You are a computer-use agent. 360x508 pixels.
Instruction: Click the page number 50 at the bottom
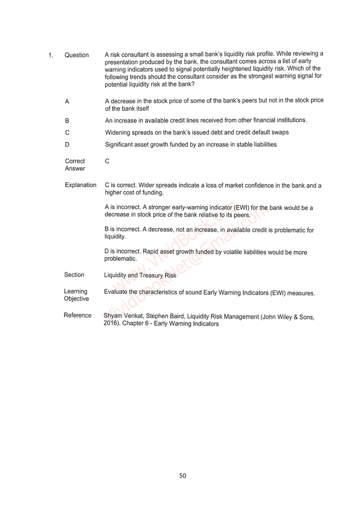(183, 476)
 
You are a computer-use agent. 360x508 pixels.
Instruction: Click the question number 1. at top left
(51, 55)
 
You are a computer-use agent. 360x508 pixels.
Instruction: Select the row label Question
(77, 55)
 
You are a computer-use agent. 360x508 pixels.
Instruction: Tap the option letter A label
(67, 101)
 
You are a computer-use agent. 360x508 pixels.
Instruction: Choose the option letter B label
(67, 120)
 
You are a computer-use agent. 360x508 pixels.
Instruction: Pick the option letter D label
(67, 145)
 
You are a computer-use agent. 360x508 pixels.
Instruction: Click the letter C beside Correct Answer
(107, 161)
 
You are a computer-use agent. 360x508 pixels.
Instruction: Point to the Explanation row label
(80, 185)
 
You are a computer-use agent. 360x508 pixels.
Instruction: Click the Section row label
(74, 275)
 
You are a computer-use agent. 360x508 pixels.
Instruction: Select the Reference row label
(78, 316)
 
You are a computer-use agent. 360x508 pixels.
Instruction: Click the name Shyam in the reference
(113, 317)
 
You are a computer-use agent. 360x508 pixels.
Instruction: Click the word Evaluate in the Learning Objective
(116, 292)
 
